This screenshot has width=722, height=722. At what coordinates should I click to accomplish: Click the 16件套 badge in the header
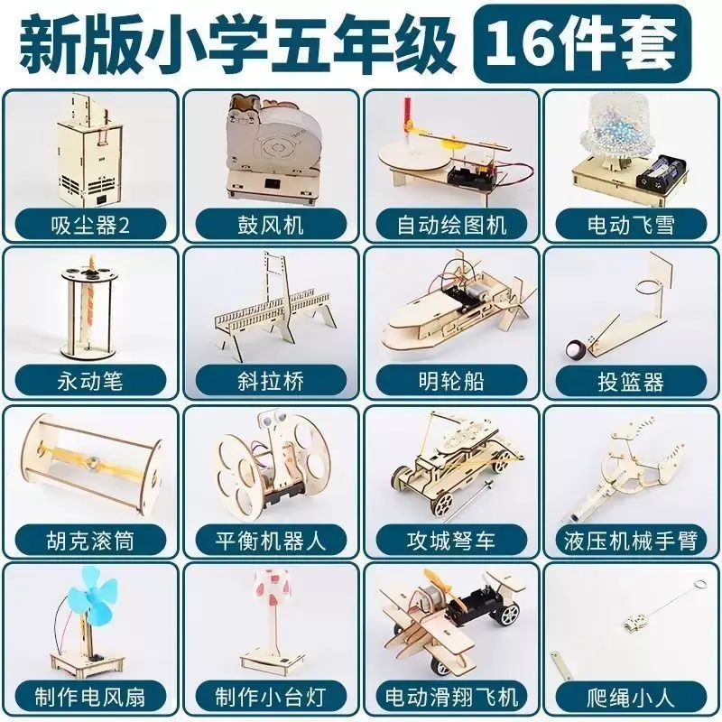point(582,43)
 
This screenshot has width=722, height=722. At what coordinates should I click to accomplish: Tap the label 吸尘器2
point(90,226)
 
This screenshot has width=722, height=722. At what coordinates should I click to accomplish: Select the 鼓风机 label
point(271,226)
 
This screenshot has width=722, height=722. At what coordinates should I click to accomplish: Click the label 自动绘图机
point(451,226)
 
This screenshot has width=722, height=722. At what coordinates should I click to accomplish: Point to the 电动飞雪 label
point(631,226)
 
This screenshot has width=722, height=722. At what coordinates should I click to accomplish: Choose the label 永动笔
point(90,381)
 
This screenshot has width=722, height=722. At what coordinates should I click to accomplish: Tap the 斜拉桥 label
point(271,381)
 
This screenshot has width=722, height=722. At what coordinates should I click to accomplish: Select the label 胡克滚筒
point(90,541)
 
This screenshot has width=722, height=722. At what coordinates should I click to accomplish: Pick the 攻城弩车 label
point(451,541)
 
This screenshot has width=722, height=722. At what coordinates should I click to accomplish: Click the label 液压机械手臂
point(631,541)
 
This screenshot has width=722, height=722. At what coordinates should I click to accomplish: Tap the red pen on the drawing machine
point(408,115)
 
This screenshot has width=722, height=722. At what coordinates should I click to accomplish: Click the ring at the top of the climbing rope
point(699,584)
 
